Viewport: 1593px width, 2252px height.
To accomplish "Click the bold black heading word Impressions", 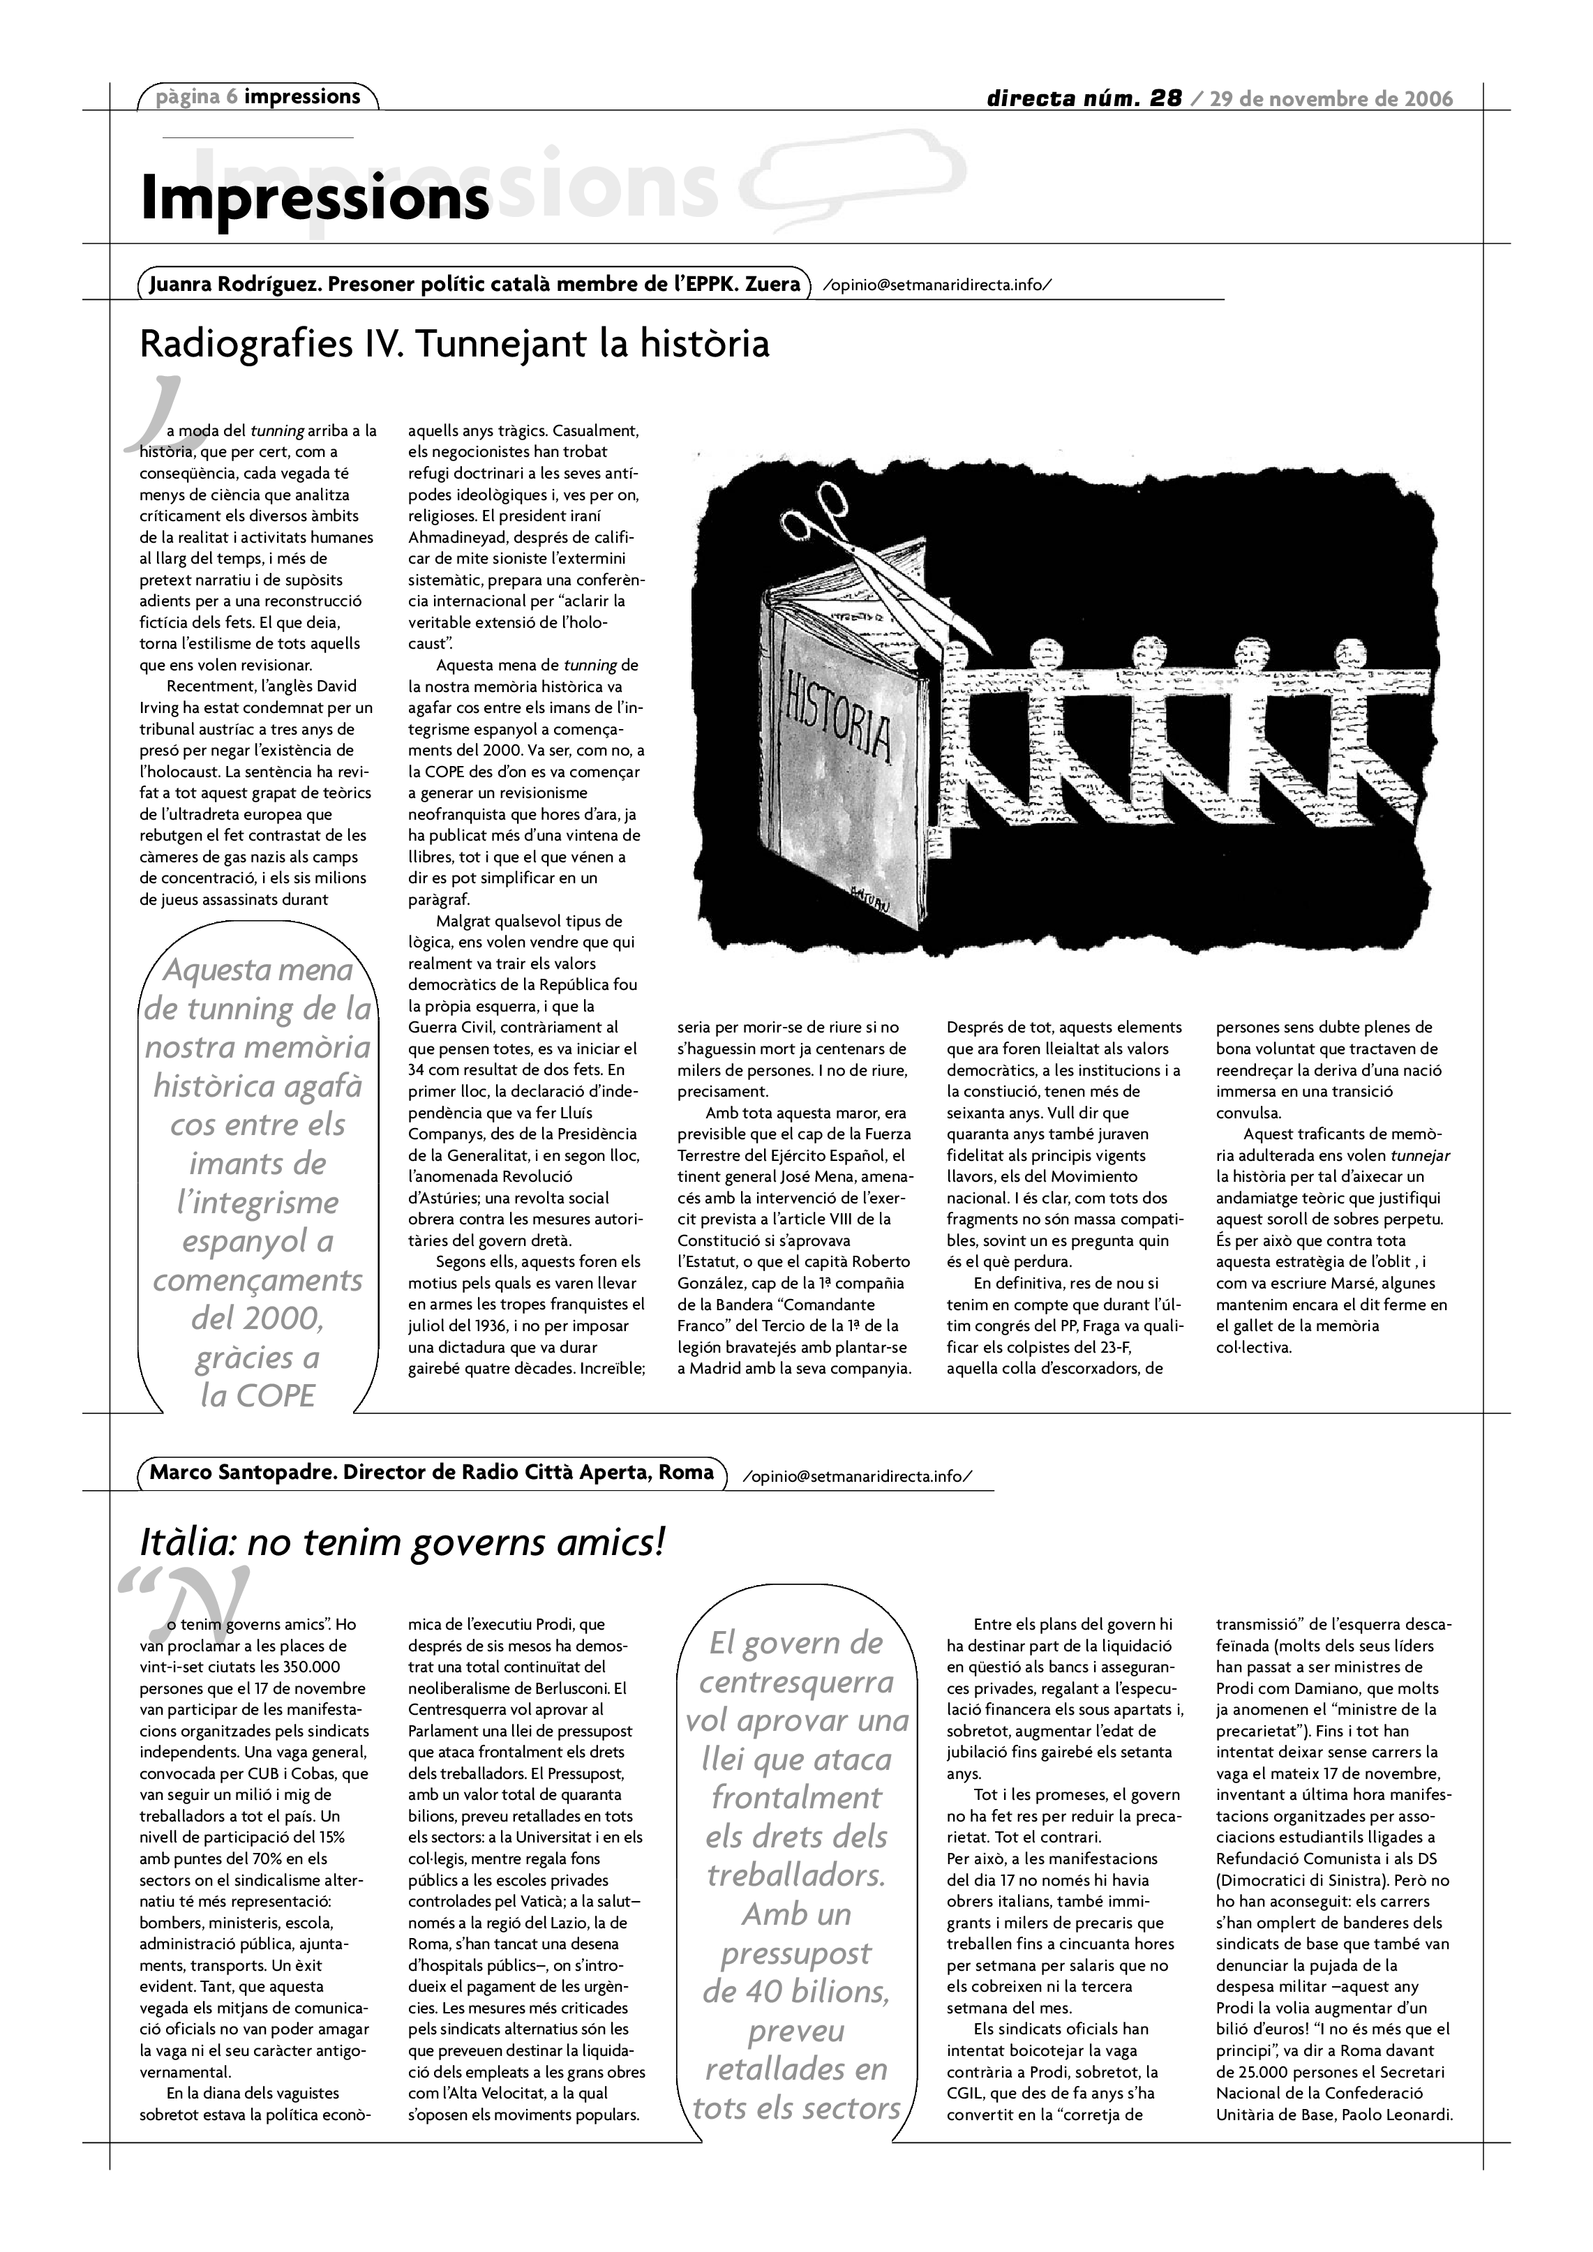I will (314, 198).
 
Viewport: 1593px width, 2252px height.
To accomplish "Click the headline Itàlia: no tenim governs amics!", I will (402, 1542).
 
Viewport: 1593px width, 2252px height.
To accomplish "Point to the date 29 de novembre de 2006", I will (1331, 98).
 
